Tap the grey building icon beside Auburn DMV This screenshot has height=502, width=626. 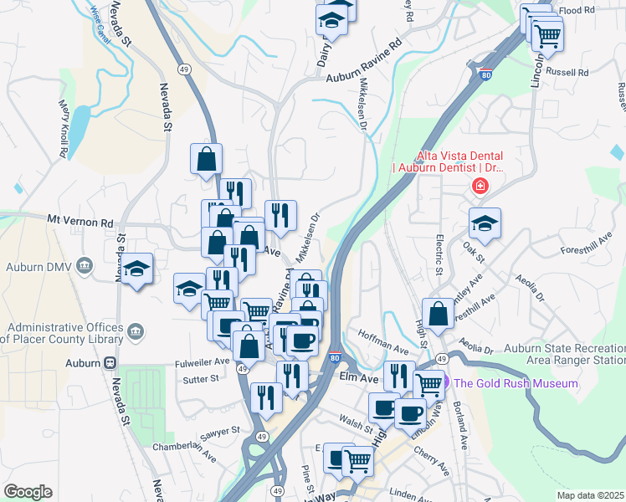click(x=85, y=267)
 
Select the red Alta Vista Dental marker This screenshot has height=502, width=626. click(x=480, y=186)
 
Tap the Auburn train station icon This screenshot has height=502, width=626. click(x=109, y=363)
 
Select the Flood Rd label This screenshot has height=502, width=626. click(x=576, y=11)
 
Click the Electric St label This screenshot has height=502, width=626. click(x=438, y=254)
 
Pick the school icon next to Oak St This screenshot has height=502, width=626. click(x=485, y=223)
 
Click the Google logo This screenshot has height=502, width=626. click(x=28, y=491)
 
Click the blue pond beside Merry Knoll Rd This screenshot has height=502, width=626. click(x=78, y=125)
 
